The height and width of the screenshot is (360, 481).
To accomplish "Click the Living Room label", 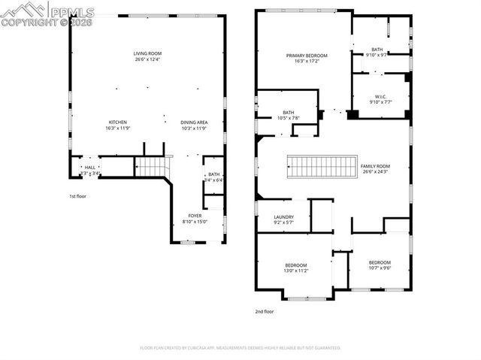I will click(x=147, y=56).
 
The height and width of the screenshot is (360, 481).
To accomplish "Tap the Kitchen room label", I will click(x=117, y=126).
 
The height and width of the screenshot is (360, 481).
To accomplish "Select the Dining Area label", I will click(x=194, y=126).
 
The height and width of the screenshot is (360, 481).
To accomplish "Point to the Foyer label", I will click(x=194, y=219).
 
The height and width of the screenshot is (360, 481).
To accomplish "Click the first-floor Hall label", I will click(x=89, y=170).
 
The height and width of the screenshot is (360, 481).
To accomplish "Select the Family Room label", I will click(x=375, y=168).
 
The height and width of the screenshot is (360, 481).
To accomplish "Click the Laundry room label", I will click(x=283, y=219).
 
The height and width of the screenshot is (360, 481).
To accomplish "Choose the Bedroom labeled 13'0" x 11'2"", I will click(x=295, y=268).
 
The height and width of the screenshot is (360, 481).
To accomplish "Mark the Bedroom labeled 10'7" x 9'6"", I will click(x=380, y=265).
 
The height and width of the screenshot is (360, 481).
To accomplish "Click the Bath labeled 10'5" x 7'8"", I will click(x=267, y=115).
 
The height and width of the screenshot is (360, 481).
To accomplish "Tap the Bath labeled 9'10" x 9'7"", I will click(x=377, y=52).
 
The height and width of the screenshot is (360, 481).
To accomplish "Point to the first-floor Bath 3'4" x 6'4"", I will click(x=214, y=177).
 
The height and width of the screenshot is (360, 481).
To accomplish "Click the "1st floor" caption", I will click(x=78, y=197).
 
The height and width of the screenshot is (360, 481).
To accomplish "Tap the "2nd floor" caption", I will click(x=265, y=310).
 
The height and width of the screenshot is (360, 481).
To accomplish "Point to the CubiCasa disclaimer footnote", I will click(x=240, y=348).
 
